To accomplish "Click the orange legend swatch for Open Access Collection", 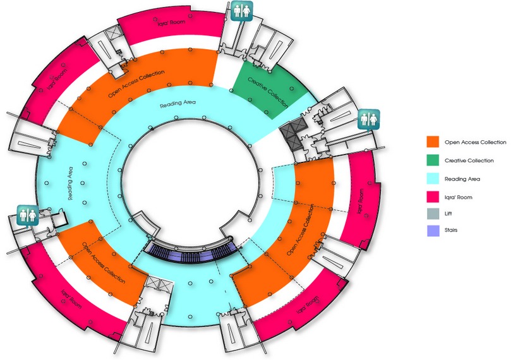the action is pos(433,142).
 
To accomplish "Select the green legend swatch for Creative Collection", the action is pos(433,160).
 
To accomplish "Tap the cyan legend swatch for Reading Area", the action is pos(433,179).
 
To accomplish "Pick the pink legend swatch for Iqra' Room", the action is pos(433,197).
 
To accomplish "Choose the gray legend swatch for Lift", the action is pos(433,213).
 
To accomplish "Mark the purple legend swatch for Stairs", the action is pos(433,231).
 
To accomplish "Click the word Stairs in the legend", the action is pos(451,230).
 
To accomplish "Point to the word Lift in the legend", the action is pos(448,213).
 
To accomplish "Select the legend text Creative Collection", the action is pos(469,160).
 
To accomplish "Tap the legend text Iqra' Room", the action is pos(459,197).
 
